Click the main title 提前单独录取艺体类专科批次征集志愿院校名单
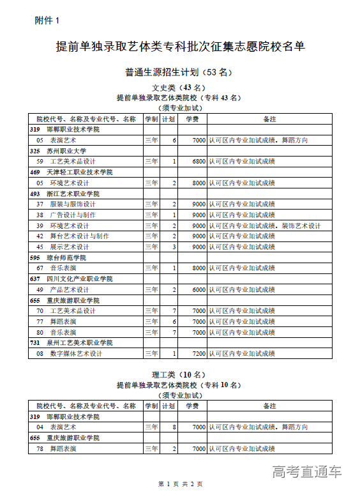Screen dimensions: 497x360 pos(180,47)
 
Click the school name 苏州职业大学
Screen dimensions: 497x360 pos(66,151)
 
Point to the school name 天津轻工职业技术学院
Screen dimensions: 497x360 pos(79,172)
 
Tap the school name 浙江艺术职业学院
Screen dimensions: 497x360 pos(73,194)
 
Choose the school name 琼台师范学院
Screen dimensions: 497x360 pos(66,257)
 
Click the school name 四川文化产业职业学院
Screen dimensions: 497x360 pos(79,279)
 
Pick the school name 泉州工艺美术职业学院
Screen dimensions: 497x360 pos(79,343)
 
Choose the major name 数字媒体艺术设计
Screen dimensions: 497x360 pos(76,353)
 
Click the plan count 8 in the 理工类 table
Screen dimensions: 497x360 pos(174,427)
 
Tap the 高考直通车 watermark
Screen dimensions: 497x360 pos(307,471)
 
